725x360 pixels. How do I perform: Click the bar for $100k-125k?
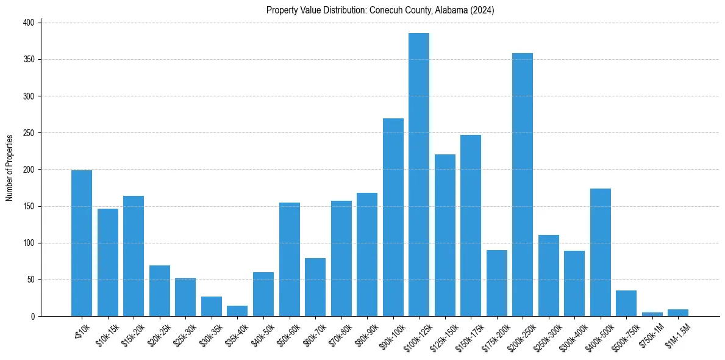click(419, 175)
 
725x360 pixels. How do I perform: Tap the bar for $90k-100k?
click(393, 217)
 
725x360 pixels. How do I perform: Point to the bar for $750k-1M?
click(652, 314)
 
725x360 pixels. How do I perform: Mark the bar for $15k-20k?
click(134, 256)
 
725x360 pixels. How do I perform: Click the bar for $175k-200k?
click(497, 283)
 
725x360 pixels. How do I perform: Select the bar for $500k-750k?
click(626, 303)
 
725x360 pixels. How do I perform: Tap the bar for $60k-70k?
click(315, 287)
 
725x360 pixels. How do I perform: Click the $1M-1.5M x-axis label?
click(677, 334)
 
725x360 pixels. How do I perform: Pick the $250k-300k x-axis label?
click(547, 334)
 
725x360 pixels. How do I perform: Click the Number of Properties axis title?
click(10, 168)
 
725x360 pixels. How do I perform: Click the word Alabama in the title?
click(435, 10)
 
